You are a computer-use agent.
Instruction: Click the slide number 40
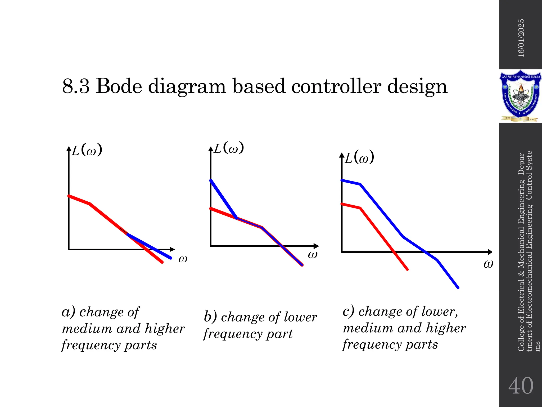521,386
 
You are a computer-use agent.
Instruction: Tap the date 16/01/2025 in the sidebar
521,38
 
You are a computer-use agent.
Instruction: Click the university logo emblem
520,96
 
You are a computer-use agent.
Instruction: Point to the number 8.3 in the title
76,87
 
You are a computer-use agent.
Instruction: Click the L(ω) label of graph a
87,151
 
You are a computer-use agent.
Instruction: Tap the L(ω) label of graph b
229,148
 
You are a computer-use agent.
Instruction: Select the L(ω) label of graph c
359,157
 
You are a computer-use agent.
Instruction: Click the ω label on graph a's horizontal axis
183,259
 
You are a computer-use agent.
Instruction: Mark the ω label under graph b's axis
313,254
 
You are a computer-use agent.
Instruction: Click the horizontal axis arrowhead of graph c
490,252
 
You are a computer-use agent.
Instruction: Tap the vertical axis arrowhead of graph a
69,148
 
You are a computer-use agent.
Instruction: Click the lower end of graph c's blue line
458,287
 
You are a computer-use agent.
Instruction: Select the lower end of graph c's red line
407,269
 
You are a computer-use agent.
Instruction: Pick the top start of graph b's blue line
211,180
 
